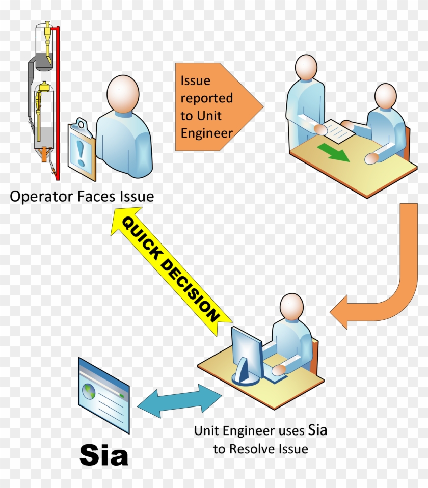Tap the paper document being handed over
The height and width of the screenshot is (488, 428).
point(338,129)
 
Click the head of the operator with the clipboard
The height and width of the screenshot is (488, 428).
point(123,92)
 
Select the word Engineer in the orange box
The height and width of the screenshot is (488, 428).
point(206,133)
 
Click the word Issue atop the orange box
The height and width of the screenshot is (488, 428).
point(196,80)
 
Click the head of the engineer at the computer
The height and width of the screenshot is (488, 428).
point(290,308)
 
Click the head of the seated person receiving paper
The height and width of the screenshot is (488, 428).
point(385,97)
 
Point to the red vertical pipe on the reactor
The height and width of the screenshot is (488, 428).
point(58,102)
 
